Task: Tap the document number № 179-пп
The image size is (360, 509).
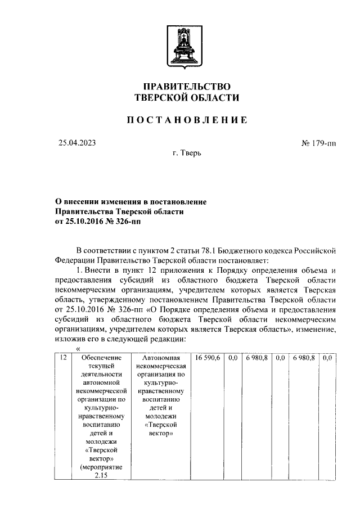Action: coord(318,143)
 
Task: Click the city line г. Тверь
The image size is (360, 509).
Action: coord(187,153)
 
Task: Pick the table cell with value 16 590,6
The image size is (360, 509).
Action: coord(208,358)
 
